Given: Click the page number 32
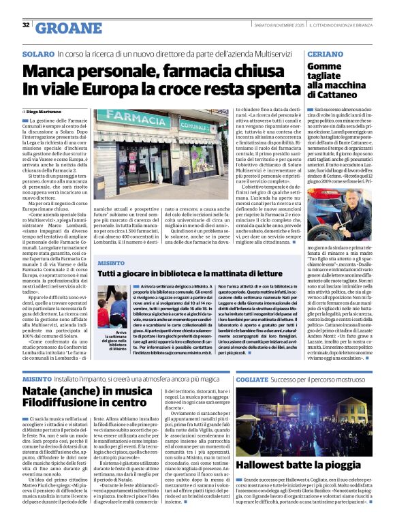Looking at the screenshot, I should tap(25, 25).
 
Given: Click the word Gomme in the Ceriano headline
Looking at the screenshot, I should tap(324, 66).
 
